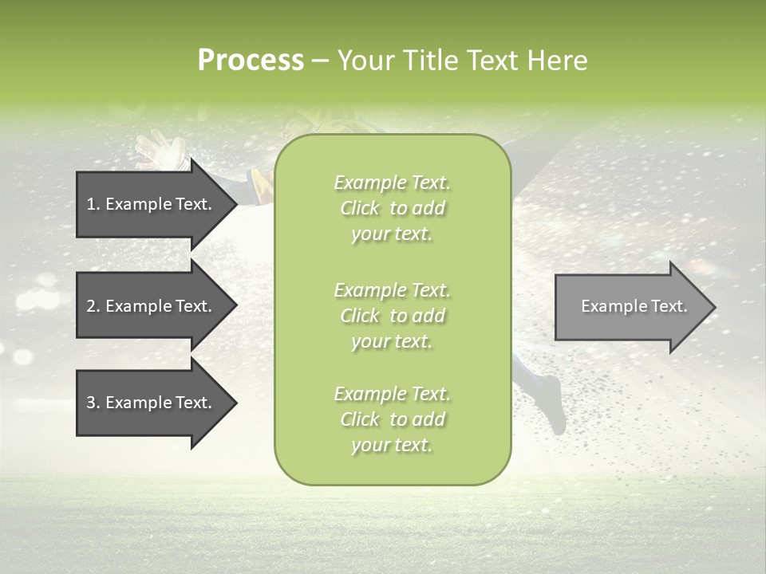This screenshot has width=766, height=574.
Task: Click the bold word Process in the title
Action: [x=251, y=61]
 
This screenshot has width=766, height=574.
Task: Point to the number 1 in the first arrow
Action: [x=91, y=204]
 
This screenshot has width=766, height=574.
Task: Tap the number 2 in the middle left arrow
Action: [x=91, y=306]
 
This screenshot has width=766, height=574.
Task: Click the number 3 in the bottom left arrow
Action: [x=91, y=403]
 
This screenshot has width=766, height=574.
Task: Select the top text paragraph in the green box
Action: [x=392, y=208]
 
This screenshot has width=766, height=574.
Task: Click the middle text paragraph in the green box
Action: [x=392, y=315]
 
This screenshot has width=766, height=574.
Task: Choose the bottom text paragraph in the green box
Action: [x=392, y=419]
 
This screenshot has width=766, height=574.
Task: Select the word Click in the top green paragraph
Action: [x=360, y=208]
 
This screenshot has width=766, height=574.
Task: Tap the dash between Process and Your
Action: [x=321, y=61]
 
